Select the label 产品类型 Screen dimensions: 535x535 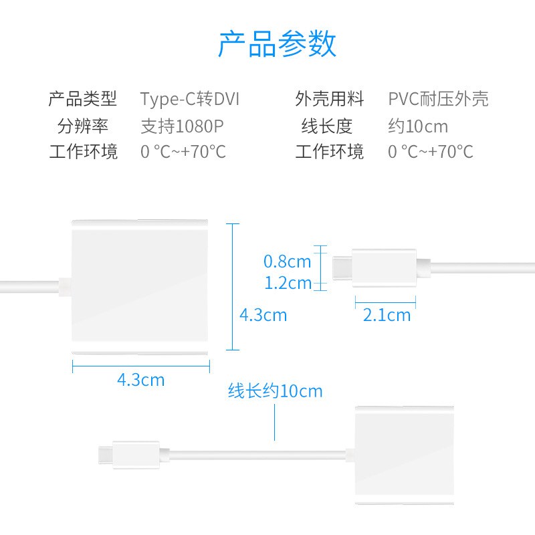click(83, 100)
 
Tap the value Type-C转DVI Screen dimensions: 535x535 click(190, 100)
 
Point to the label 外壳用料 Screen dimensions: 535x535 click(330, 100)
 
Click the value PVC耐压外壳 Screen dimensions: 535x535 click(439, 100)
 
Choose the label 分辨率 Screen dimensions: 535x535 click(83, 126)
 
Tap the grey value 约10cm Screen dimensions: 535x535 click(418, 126)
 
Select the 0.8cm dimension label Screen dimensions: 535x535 click(288, 261)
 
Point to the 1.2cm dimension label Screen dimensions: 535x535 click(288, 283)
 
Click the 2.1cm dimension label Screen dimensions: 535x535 click(387, 315)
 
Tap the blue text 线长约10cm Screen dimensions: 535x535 click(275, 391)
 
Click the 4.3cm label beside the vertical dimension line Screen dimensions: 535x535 click(263, 314)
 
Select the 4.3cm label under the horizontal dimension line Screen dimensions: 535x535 click(140, 380)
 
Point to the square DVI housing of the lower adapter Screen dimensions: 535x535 click(404, 454)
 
